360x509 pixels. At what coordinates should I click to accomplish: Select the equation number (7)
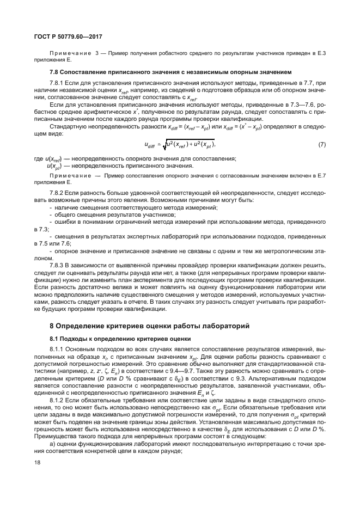click(x=322, y=144)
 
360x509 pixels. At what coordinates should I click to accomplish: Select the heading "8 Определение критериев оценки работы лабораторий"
click(x=149, y=326)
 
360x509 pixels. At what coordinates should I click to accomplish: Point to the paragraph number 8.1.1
click(x=58, y=348)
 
